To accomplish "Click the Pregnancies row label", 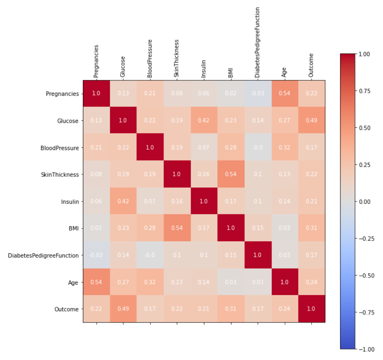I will [62, 94].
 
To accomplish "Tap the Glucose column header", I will [123, 67].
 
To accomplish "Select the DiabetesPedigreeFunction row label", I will [43, 256].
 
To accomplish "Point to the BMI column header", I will [231, 72].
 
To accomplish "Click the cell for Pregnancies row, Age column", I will [284, 94].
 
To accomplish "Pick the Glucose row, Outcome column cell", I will [312, 120].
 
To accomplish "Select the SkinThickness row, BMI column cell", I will [231, 174].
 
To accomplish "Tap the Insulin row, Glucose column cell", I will [123, 201].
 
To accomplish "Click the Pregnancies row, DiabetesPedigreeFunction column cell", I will [258, 94].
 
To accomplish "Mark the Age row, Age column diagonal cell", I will [284, 282].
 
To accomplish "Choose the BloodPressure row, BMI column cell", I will [231, 147].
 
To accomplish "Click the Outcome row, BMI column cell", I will [231, 309].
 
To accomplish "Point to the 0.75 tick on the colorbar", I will [364, 91].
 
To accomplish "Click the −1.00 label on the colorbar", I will [366, 349].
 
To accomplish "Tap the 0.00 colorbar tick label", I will [364, 202].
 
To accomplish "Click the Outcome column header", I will [311, 65].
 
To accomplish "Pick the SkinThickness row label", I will [60, 175].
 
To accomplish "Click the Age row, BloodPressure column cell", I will [150, 282].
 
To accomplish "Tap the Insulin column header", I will [204, 69].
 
